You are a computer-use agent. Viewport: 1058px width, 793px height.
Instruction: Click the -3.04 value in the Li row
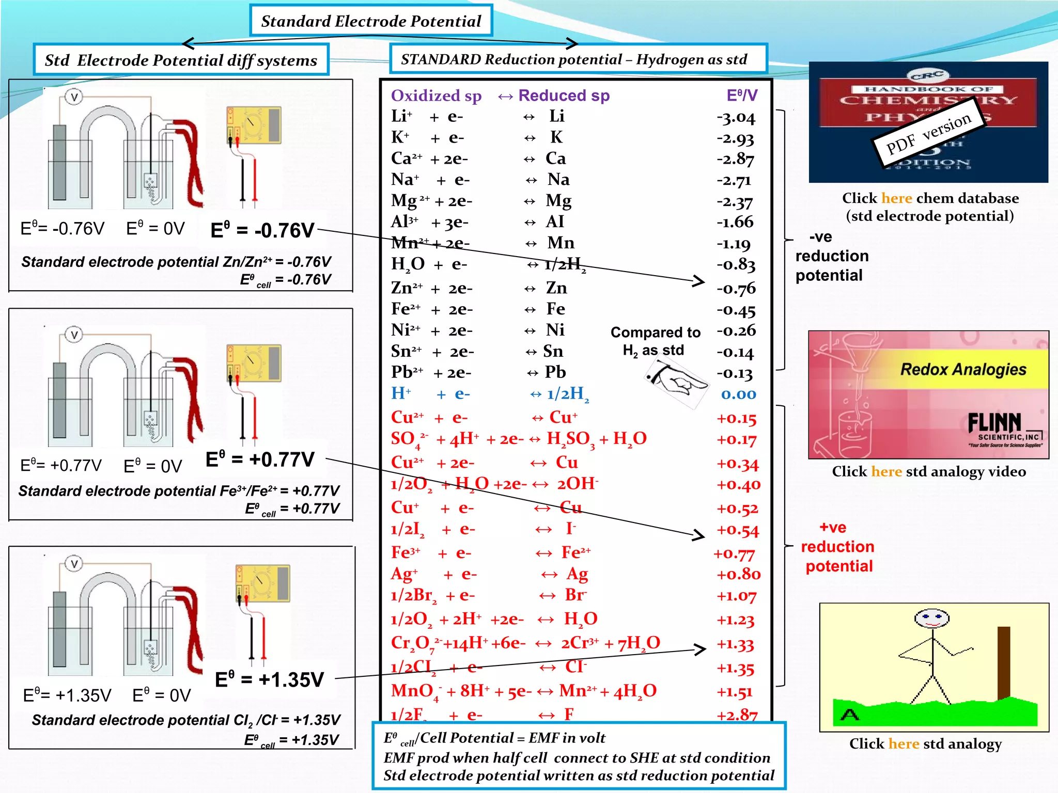click(736, 118)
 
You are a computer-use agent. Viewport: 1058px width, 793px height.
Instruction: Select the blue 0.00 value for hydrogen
click(738, 394)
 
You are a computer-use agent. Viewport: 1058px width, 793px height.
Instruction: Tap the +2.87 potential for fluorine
click(737, 715)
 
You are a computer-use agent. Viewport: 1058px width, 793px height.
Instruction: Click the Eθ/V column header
click(742, 96)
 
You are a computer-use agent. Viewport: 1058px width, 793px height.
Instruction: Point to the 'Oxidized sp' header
click(436, 96)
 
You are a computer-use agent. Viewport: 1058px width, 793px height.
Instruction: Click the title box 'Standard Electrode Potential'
click(371, 21)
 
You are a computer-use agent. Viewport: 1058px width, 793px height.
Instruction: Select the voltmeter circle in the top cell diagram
click(74, 97)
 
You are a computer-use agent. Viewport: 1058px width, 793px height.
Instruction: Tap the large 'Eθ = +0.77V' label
click(260, 459)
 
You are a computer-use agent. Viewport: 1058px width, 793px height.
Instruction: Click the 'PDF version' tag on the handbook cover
click(928, 133)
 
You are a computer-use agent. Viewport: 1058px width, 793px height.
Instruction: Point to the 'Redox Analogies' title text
click(963, 370)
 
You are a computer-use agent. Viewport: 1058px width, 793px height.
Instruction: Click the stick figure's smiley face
click(931, 618)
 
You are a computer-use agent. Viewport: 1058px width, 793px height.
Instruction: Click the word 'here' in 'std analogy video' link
click(886, 471)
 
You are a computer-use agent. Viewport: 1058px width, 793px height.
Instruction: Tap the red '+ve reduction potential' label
click(837, 547)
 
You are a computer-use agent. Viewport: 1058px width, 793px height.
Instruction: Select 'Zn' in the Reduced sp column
click(556, 288)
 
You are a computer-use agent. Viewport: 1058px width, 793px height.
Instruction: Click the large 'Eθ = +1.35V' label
click(269, 679)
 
